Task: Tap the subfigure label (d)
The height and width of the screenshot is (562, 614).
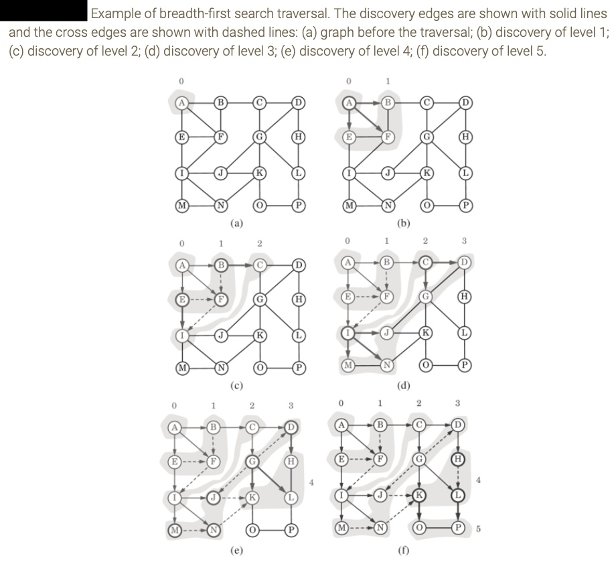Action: point(404,385)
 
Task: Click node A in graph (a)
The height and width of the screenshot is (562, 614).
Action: point(179,102)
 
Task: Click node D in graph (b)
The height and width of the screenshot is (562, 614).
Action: point(463,102)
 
